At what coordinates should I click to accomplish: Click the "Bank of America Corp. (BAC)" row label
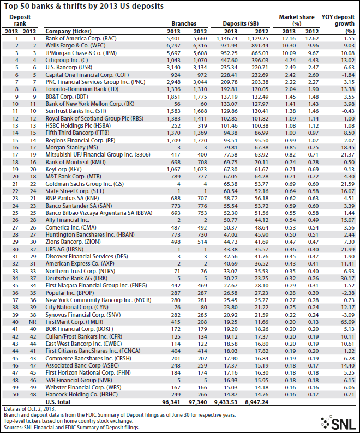coord(81,39)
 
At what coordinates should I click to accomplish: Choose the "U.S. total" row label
coord(60,401)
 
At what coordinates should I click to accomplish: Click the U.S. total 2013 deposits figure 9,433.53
coord(231,401)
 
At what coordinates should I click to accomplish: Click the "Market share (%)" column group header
coord(297,21)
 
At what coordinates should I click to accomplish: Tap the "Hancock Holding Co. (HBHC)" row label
coord(84,394)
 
